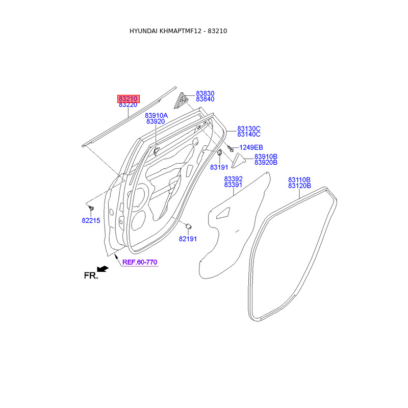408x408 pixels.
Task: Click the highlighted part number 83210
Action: (x=129, y=99)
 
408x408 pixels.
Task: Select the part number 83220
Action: (x=128, y=105)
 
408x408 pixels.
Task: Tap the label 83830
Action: (x=205, y=93)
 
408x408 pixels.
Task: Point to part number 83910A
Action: (x=157, y=116)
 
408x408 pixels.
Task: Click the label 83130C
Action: (x=249, y=129)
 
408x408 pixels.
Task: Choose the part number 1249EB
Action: (x=251, y=147)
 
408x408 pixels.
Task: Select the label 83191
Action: (x=219, y=167)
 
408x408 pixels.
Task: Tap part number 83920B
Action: (x=266, y=162)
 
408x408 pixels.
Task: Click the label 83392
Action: (x=234, y=179)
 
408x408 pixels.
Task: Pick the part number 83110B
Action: (x=299, y=180)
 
